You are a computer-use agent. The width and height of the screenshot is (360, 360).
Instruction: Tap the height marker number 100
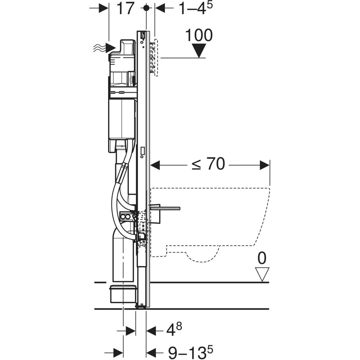199,35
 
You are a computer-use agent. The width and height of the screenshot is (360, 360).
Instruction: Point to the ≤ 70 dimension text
208,164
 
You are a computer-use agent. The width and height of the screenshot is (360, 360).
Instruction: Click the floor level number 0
262,259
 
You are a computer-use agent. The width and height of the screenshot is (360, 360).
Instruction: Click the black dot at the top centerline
146,8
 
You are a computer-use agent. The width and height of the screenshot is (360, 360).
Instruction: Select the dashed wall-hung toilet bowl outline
210,222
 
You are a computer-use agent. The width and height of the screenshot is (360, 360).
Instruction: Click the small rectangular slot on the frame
142,150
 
